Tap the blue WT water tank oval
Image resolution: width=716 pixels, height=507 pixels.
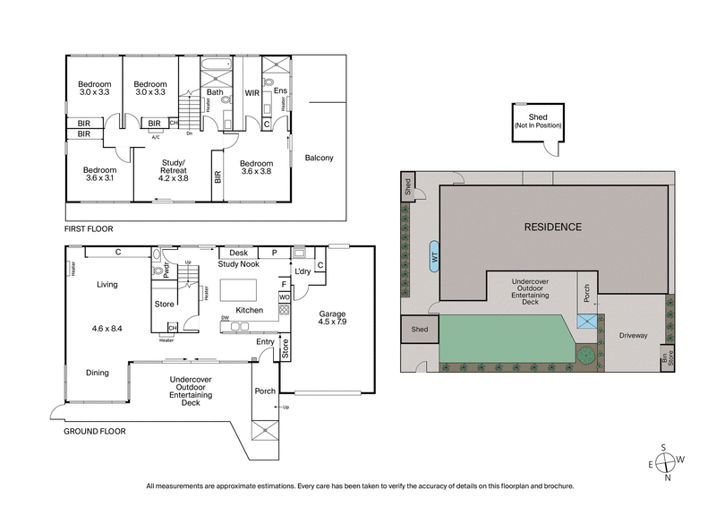[x=434, y=253]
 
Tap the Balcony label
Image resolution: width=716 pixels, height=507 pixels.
[x=319, y=159]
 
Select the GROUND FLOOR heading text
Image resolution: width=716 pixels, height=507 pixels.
[x=95, y=431]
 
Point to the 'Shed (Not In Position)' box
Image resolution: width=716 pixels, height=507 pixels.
[x=537, y=124]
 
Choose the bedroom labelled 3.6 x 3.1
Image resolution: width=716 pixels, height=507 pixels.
[x=99, y=174]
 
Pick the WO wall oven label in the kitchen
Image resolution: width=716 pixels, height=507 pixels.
[x=285, y=296]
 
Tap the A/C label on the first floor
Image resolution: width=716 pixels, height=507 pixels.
[x=156, y=137]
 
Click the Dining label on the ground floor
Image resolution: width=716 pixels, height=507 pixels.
[x=98, y=372]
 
